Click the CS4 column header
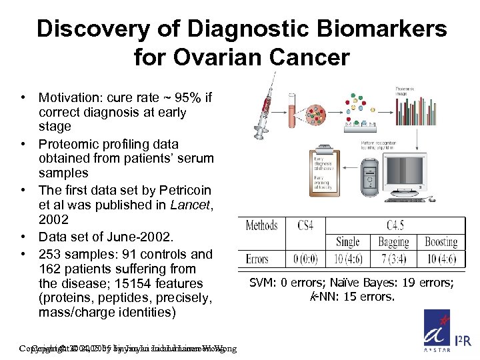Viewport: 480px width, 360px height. click(x=305, y=225)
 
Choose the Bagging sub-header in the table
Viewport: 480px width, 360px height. click(x=394, y=242)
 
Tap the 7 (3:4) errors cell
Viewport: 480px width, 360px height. click(x=394, y=259)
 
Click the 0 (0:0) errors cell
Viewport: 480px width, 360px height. click(x=305, y=259)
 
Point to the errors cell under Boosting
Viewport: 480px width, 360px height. click(x=441, y=259)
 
